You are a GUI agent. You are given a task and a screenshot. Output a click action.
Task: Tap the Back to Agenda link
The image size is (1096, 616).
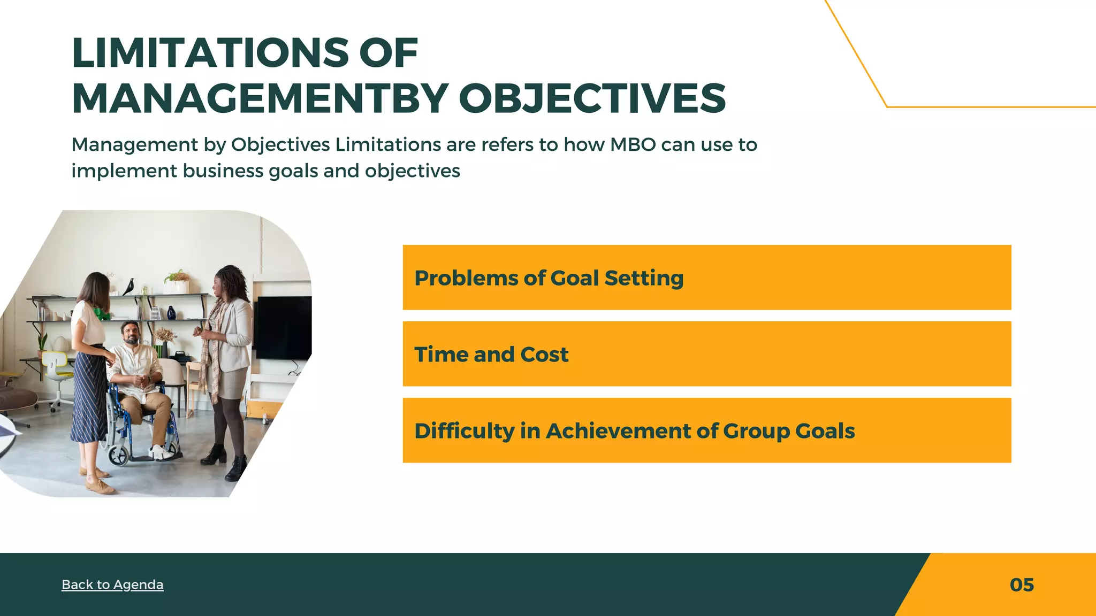[x=112, y=584]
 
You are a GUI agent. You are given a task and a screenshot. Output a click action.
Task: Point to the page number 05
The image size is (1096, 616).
[x=1021, y=585]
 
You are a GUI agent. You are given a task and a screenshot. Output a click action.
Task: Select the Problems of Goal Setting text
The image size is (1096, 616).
[x=549, y=278]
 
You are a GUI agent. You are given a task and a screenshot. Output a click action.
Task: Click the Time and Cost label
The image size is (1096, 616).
[x=491, y=355]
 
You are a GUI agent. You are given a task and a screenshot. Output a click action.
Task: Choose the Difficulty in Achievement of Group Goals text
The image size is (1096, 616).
[x=634, y=431]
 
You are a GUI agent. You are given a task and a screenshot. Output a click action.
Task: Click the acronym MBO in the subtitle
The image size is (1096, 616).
[x=633, y=145]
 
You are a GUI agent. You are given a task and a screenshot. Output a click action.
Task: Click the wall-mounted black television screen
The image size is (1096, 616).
[x=282, y=327]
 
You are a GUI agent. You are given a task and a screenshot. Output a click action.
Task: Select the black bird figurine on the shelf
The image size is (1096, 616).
[x=128, y=287]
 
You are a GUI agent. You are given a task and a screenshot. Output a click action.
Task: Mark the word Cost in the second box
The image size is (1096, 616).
[x=544, y=355]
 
